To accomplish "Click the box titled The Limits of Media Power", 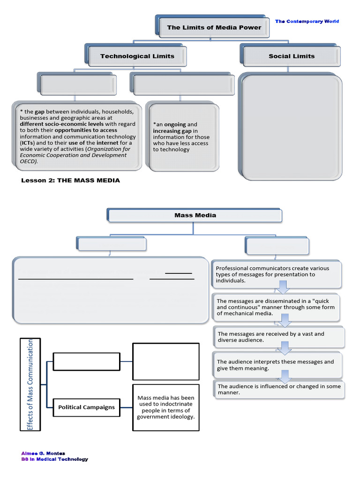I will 214,28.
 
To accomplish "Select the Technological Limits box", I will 137,56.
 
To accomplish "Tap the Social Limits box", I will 292,56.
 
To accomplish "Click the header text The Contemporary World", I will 307,22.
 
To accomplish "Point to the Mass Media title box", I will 195,216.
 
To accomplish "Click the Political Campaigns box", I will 86,407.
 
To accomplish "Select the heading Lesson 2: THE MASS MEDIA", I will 71,180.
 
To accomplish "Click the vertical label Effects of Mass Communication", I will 31,384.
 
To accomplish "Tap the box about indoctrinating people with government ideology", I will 166,407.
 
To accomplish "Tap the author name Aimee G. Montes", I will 43,453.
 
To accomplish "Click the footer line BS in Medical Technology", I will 54,459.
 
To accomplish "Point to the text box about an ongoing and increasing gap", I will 181,137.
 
